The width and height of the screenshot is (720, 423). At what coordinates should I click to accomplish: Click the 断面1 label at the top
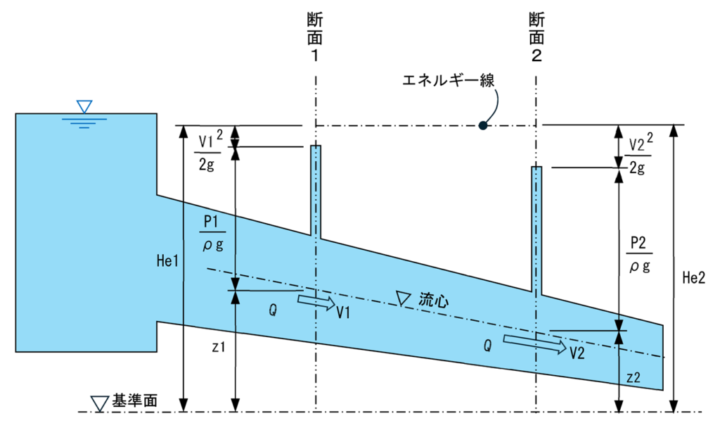(x=315, y=37)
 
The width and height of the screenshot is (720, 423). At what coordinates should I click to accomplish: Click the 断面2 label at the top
(x=536, y=37)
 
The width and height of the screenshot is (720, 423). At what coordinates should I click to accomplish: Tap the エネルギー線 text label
(x=449, y=80)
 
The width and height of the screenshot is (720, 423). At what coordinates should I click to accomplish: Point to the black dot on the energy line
(x=482, y=125)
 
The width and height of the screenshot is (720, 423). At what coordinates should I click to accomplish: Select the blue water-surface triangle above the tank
(x=84, y=107)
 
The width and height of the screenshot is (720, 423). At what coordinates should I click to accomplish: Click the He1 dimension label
(x=167, y=261)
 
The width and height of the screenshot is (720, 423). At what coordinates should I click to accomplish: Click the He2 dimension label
(x=693, y=277)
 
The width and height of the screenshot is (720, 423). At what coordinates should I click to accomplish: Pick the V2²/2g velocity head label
(x=640, y=154)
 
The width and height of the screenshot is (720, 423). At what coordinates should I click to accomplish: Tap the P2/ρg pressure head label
(x=640, y=255)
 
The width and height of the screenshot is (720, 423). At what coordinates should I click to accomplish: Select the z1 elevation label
(x=219, y=347)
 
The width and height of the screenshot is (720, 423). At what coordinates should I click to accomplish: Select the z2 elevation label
(x=634, y=377)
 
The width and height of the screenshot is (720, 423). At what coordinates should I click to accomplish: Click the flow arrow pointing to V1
(x=317, y=302)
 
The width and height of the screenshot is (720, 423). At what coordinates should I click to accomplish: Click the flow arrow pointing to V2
(x=535, y=344)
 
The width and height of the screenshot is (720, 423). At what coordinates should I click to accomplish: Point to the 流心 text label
(x=433, y=301)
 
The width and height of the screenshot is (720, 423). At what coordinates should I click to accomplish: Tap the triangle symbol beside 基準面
(x=99, y=403)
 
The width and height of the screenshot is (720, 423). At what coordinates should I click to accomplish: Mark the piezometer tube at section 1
(x=316, y=191)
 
